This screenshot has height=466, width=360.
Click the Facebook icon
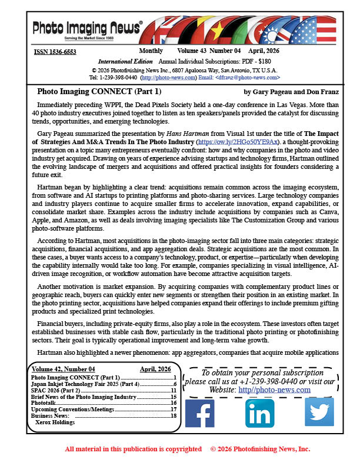199,412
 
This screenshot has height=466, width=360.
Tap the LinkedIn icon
259,412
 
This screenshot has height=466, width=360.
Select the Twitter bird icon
319,412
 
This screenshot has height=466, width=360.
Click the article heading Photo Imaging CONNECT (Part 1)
99,92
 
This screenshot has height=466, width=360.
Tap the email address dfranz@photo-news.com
249,78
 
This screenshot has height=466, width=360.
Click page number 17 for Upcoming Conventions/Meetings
174,409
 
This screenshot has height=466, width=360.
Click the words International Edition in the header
123,61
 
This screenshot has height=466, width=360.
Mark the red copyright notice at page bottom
188,449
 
